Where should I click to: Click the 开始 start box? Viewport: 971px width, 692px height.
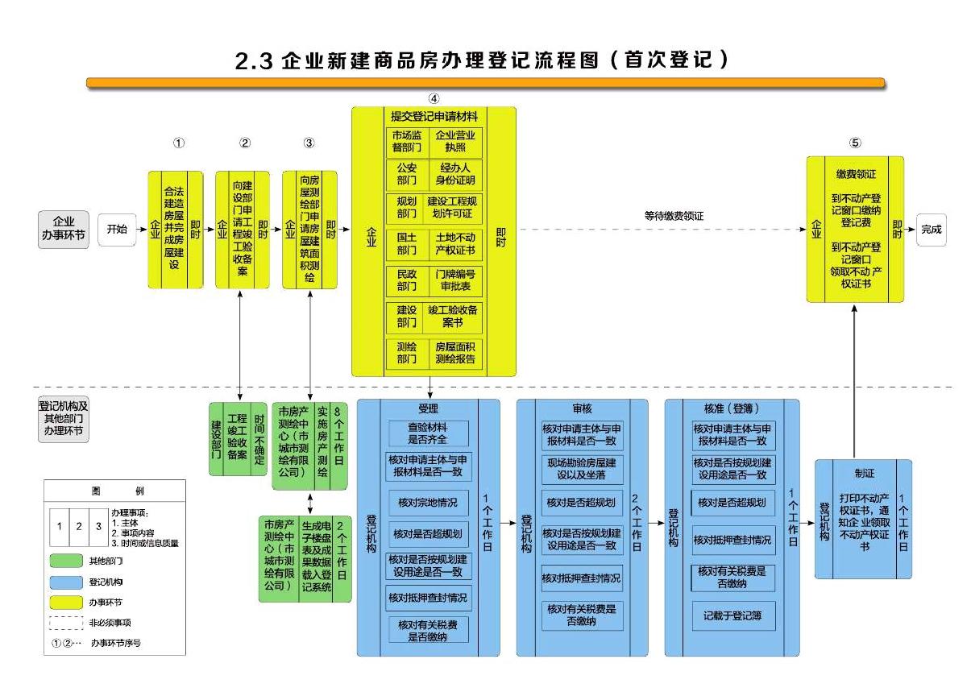click(x=117, y=229)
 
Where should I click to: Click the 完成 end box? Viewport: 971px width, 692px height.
click(x=932, y=230)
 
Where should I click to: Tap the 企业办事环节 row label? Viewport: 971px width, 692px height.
click(x=64, y=229)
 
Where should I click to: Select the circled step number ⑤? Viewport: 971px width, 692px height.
click(x=855, y=143)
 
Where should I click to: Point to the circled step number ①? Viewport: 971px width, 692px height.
click(x=179, y=143)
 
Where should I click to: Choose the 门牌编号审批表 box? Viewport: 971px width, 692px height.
click(x=455, y=280)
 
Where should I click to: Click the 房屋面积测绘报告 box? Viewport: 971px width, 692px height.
click(x=455, y=353)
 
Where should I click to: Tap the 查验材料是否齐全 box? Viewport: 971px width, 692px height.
click(x=428, y=433)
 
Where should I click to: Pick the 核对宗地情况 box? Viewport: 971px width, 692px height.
click(x=428, y=502)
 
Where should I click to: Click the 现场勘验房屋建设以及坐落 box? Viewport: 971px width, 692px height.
click(x=581, y=469)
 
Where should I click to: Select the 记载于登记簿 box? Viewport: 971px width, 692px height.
click(x=733, y=615)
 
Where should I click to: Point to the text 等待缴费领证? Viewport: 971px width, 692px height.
click(x=674, y=216)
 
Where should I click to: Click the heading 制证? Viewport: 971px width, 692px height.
click(x=864, y=474)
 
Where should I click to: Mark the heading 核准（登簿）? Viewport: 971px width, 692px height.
click(x=732, y=408)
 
